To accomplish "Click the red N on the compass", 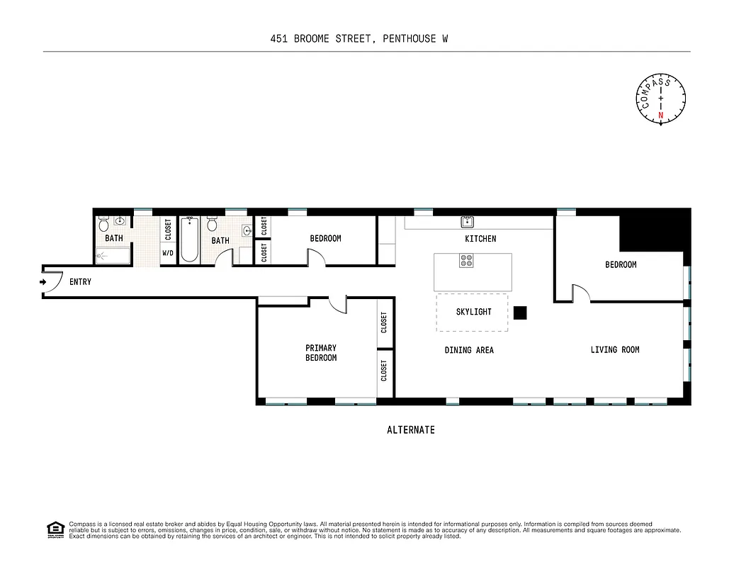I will click(x=661, y=115).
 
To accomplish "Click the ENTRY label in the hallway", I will click(x=80, y=282).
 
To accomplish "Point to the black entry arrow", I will click(x=43, y=282).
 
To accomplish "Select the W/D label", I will click(x=168, y=253).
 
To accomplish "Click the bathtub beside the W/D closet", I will click(x=189, y=240).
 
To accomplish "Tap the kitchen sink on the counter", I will click(x=468, y=221).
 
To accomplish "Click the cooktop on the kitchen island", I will click(x=467, y=262).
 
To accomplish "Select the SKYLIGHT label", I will click(x=473, y=312).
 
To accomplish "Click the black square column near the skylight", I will click(x=521, y=313).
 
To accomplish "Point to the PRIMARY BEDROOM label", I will click(x=321, y=353).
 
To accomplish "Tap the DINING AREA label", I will click(x=469, y=350).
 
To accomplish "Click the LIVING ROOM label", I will click(x=615, y=349).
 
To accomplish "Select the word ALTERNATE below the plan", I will click(x=411, y=430).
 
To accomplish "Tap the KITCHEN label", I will click(x=480, y=239).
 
